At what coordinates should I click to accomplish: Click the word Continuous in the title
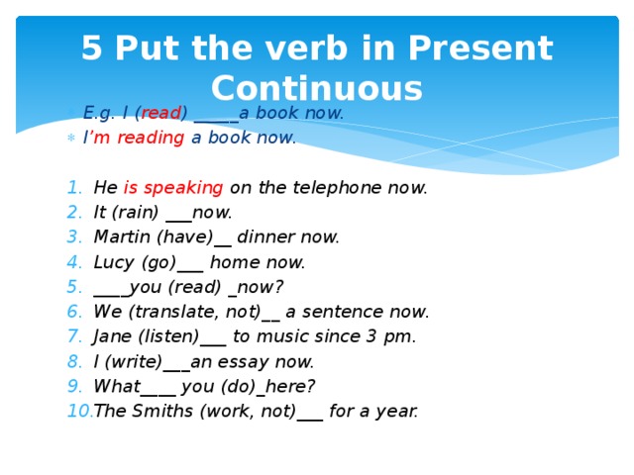click(x=317, y=88)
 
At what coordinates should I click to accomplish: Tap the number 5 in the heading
click(x=91, y=47)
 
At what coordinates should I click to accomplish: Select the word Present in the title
click(x=480, y=47)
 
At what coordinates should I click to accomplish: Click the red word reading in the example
click(x=151, y=138)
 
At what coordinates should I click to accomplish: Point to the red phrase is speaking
click(x=173, y=188)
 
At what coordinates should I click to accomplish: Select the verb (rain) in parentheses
click(x=137, y=213)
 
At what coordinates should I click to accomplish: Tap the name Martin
click(x=122, y=237)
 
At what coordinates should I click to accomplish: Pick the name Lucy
click(x=113, y=262)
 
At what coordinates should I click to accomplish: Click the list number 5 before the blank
click(x=74, y=287)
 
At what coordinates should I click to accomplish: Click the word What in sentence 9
click(x=117, y=386)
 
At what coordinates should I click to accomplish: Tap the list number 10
click(x=79, y=411)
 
